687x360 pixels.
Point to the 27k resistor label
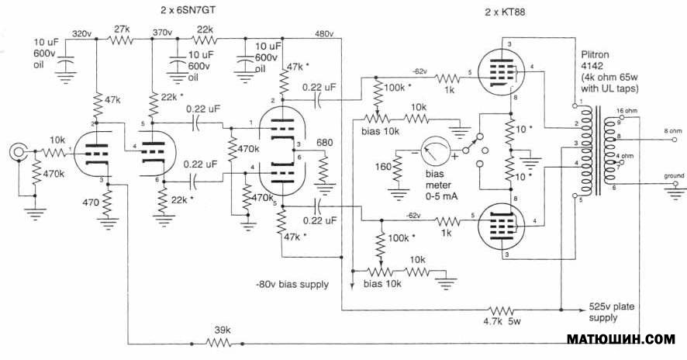(122, 28)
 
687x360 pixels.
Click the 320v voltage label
(81, 34)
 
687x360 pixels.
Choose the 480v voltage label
(324, 34)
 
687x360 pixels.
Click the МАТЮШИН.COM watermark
(623, 340)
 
